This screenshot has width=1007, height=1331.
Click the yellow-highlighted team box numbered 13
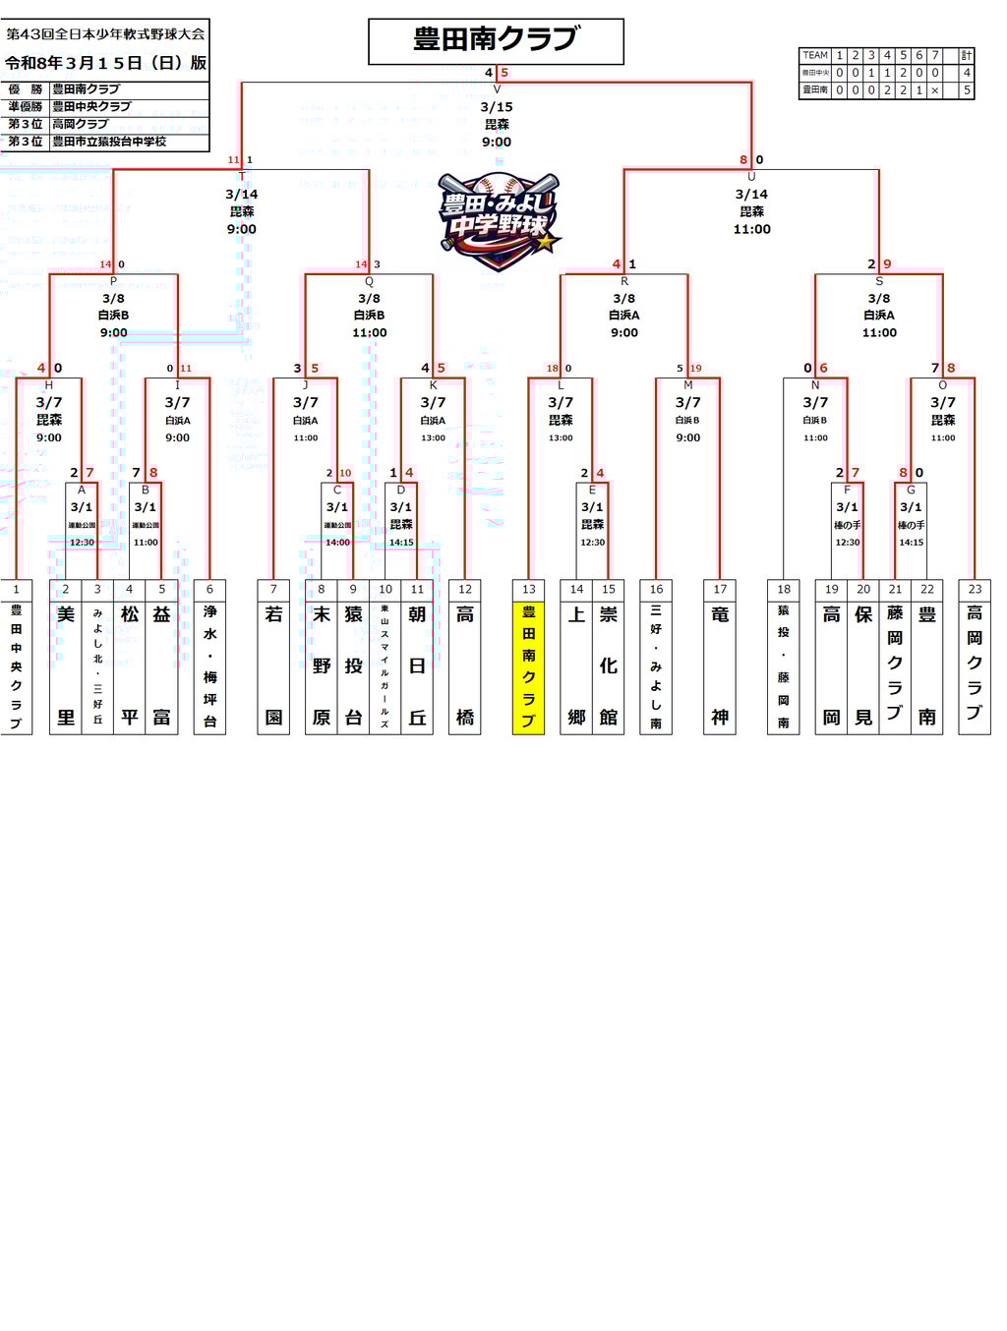click(528, 665)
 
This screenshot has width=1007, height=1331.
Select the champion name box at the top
click(496, 40)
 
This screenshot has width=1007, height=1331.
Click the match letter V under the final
click(497, 89)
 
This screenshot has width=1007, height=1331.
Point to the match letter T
click(242, 177)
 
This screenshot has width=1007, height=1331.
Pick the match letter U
click(751, 177)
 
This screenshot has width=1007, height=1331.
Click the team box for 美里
click(66, 665)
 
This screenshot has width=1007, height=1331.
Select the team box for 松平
click(130, 665)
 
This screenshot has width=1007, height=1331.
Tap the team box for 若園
click(273, 665)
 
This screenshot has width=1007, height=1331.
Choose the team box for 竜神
click(720, 665)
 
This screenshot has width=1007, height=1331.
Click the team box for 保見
click(863, 665)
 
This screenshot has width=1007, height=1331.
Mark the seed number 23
click(975, 589)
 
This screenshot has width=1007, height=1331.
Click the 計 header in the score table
click(967, 55)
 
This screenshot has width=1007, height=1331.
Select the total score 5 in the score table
click(967, 89)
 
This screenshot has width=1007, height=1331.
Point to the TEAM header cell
click(815, 55)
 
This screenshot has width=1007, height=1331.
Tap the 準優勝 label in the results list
click(26, 106)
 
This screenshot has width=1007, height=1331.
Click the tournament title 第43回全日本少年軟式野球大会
click(105, 33)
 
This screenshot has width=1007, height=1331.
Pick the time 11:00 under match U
click(751, 229)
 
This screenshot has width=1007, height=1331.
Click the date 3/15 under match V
click(497, 107)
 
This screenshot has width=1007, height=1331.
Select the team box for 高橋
click(465, 665)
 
